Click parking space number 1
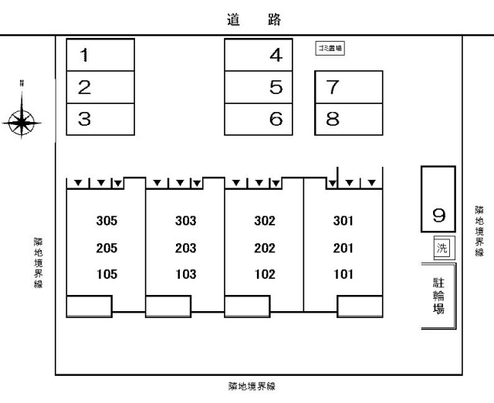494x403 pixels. (x=100, y=55)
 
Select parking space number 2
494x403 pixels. (x=100, y=87)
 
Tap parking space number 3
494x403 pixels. (x=100, y=120)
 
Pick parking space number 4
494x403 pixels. (x=259, y=55)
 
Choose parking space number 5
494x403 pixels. (x=259, y=87)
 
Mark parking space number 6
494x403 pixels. (x=259, y=120)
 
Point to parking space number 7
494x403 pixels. (x=349, y=86)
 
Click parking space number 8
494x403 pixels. (x=349, y=120)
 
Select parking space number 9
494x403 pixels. (x=438, y=199)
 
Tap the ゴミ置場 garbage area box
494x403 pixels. (x=330, y=48)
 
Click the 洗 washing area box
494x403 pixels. (x=442, y=248)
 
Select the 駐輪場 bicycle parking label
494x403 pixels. (x=438, y=296)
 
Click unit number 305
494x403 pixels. (x=107, y=221)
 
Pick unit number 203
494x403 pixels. (x=186, y=248)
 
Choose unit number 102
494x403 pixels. (x=265, y=274)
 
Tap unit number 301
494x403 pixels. (x=343, y=221)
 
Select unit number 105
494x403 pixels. (x=107, y=274)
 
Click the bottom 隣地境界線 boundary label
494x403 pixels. (x=252, y=386)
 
